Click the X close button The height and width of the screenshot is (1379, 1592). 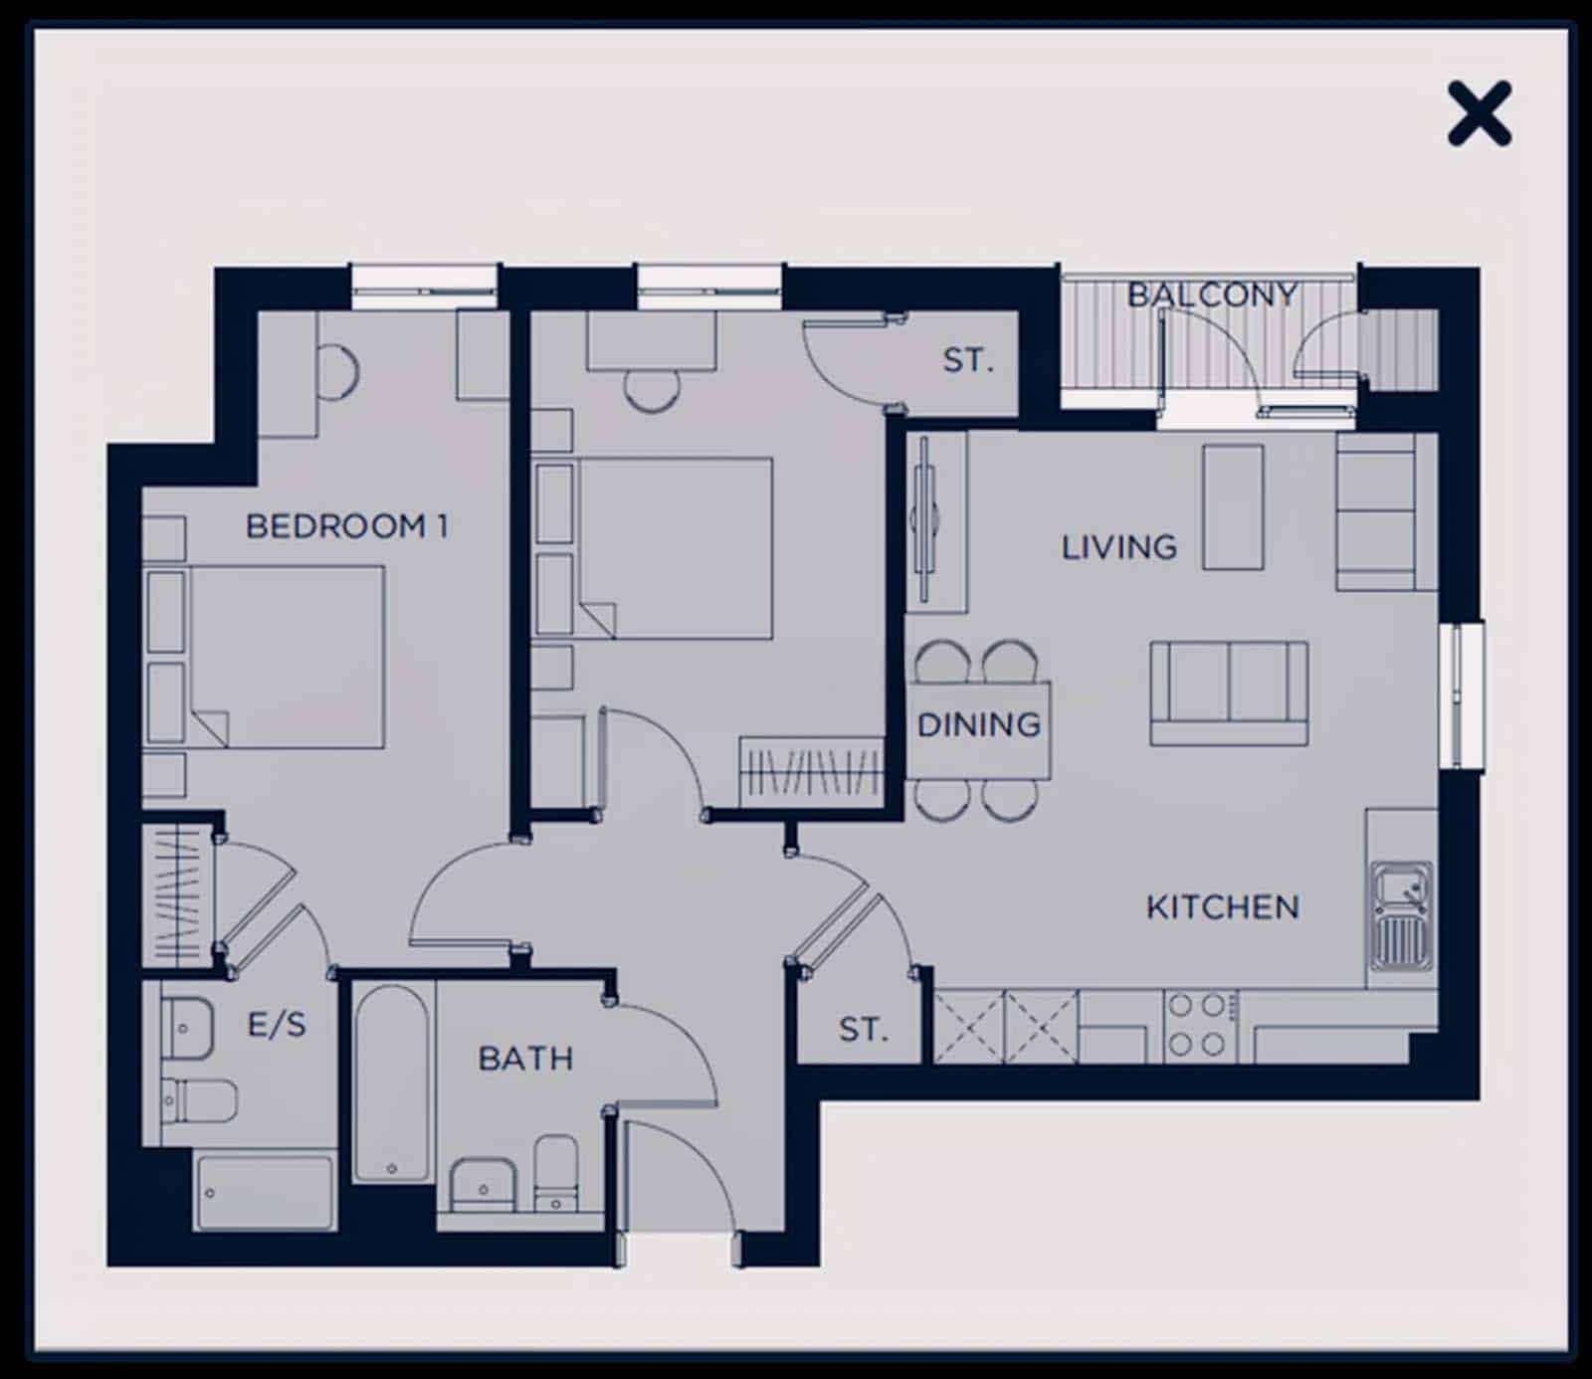1480,113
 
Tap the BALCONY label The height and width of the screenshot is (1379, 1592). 1212,295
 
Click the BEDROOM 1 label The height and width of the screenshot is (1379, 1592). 346,525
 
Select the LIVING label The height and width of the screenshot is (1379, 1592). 1119,546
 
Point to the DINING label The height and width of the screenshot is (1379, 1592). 979,724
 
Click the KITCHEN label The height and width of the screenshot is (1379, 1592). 1223,906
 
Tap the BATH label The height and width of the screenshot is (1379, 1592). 525,1058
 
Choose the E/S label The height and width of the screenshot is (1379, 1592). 277,1024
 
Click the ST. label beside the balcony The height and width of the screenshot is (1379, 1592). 968,359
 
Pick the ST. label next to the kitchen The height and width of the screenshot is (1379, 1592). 863,1029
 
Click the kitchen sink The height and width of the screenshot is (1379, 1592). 1402,915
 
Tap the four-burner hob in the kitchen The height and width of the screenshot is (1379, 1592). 1198,1025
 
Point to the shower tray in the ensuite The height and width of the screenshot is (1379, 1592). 265,1192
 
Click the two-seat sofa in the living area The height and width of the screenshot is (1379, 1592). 1229,693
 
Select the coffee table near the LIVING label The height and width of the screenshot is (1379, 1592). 1233,507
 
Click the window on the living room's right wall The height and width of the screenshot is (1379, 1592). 1461,694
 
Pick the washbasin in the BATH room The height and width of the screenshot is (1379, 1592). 483,1184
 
